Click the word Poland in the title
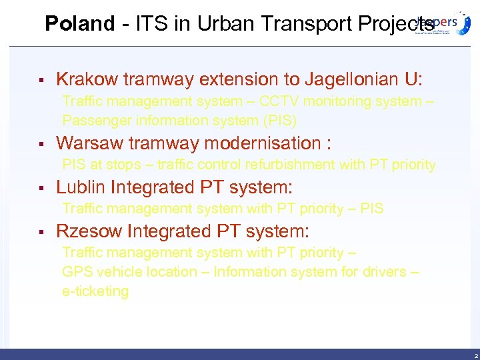[79, 24]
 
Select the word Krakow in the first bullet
[84, 80]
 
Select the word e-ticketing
[95, 291]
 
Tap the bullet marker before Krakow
[41, 81]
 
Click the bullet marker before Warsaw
[41, 144]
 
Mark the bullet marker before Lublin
[41, 188]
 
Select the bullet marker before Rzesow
[41, 232]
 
